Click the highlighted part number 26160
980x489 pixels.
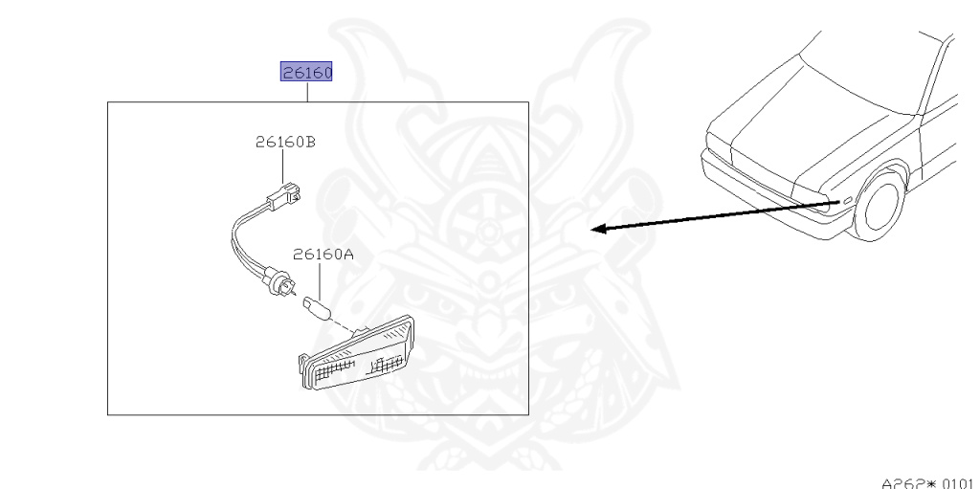(x=305, y=72)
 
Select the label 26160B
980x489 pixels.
(x=285, y=143)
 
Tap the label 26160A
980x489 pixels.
(x=323, y=255)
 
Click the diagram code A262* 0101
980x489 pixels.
(x=925, y=480)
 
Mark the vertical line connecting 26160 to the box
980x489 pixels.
(x=305, y=92)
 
